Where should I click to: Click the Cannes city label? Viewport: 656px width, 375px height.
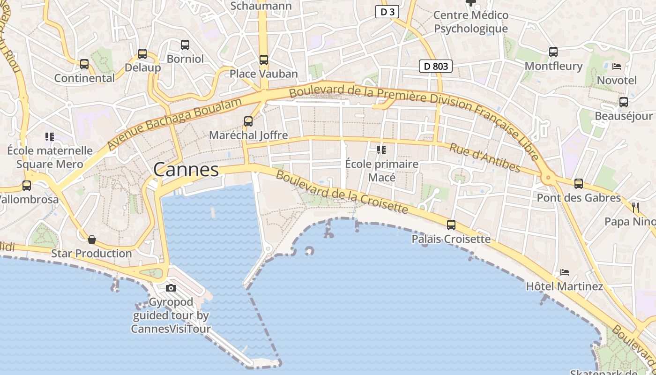tap(186, 170)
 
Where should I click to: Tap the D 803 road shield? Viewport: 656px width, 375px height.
tap(435, 67)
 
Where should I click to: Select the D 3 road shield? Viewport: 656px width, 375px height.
tap(387, 12)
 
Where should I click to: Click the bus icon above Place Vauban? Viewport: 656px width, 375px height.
tap(264, 60)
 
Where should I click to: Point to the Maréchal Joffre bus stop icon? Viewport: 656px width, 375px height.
tap(248, 121)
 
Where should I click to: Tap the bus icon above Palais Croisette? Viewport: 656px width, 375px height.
tap(451, 225)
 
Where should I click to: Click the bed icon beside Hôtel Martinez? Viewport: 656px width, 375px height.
tap(565, 272)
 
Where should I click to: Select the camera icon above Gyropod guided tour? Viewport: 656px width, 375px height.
tap(171, 288)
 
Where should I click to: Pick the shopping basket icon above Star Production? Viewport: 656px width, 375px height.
tap(92, 240)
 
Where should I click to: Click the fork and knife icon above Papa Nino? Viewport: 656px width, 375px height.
tap(635, 207)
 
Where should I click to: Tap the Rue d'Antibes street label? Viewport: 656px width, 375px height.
tap(485, 158)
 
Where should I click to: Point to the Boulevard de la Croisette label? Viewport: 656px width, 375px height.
tap(342, 192)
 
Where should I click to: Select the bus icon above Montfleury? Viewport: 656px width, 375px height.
tap(553, 52)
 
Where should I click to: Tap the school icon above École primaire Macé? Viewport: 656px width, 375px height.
tap(381, 150)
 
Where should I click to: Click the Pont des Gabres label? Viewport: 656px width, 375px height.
tap(579, 198)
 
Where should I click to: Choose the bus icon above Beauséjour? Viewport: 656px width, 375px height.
tap(624, 102)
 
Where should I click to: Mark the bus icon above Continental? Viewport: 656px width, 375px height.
tap(84, 64)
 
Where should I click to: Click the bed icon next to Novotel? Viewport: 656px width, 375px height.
tap(617, 67)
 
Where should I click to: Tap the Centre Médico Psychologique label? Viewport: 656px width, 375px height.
tap(470, 22)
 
